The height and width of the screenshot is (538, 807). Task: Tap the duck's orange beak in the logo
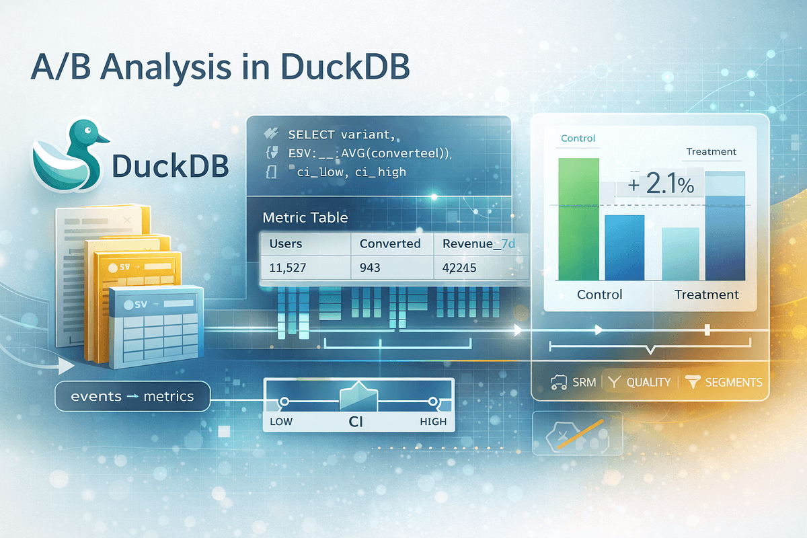tap(103, 139)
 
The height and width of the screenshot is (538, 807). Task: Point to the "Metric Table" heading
tap(305, 218)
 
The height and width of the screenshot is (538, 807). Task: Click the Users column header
tap(285, 243)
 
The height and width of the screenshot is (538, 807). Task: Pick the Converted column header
tap(390, 243)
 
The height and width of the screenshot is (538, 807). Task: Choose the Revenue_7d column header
tap(479, 243)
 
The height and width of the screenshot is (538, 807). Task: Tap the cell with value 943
tap(370, 268)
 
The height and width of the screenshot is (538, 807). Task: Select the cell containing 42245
tap(460, 268)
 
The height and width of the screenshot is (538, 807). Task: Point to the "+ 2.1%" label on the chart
tap(662, 184)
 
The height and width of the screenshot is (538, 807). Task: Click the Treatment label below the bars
tap(707, 295)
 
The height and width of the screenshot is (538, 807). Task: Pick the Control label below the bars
tap(599, 295)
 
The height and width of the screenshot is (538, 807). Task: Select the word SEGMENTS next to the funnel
tap(733, 382)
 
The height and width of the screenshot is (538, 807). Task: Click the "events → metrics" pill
tap(132, 396)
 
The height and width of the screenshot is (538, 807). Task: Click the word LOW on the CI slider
tap(281, 422)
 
